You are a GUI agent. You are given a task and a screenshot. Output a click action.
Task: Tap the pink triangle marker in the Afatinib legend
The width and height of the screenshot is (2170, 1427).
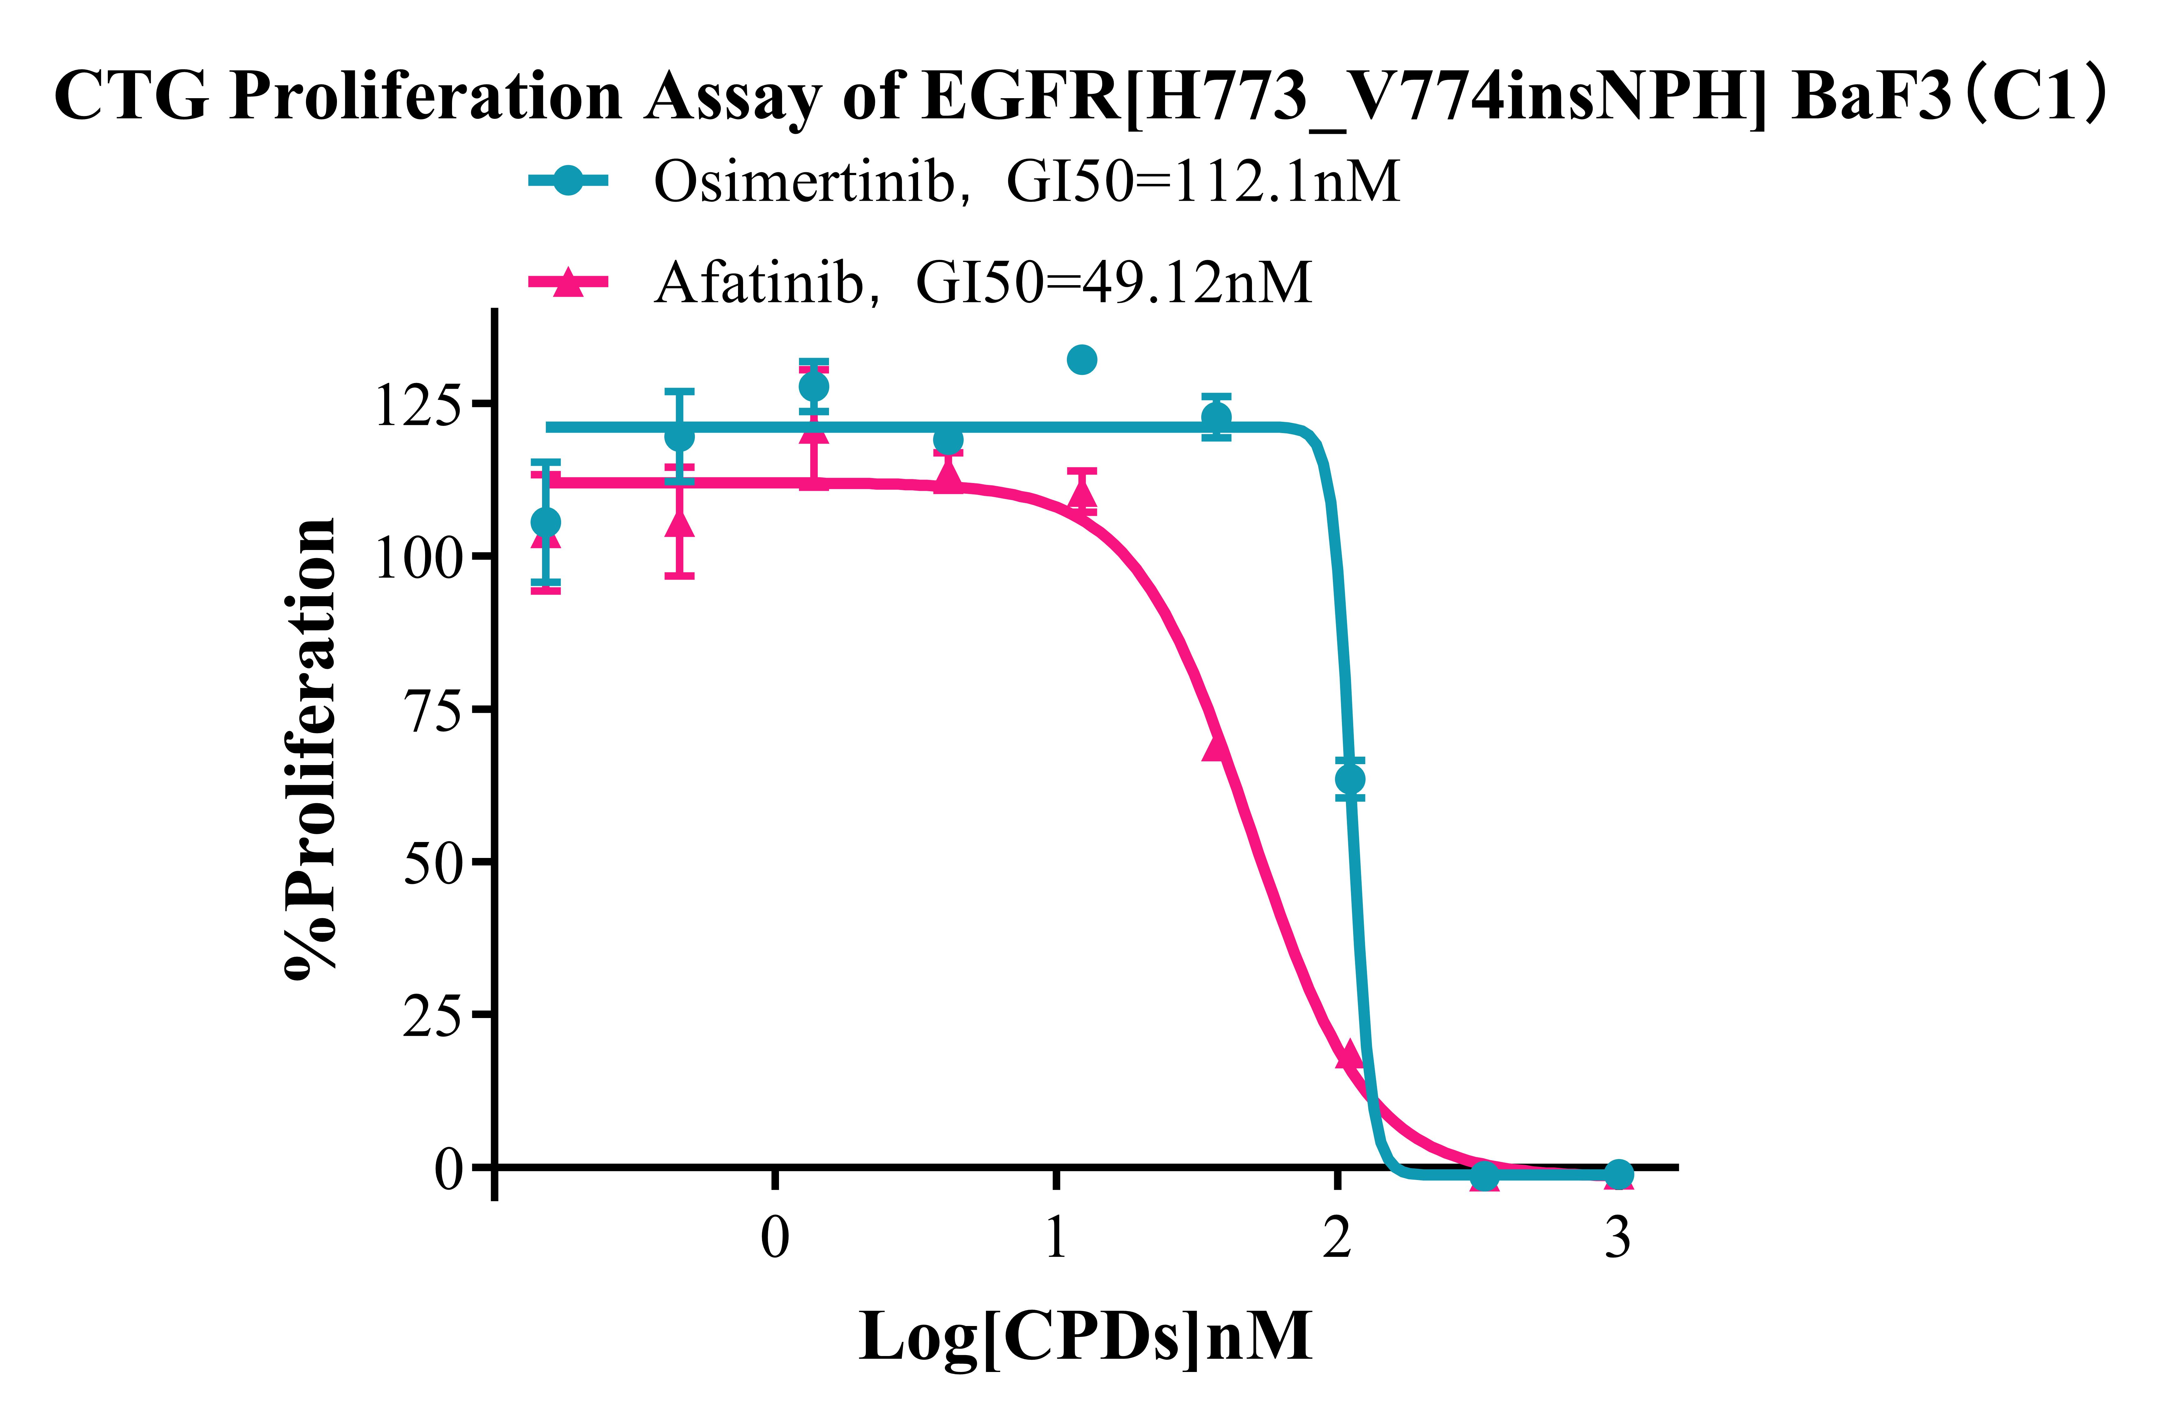pyautogui.click(x=568, y=283)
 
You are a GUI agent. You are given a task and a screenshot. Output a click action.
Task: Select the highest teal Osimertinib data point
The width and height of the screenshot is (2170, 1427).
pyautogui.click(x=1081, y=360)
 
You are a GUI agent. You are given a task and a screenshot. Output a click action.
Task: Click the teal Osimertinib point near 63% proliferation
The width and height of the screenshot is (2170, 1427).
pyautogui.click(x=1349, y=779)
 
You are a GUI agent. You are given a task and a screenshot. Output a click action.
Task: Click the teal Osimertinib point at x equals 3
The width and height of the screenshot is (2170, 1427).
pyautogui.click(x=1618, y=1174)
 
